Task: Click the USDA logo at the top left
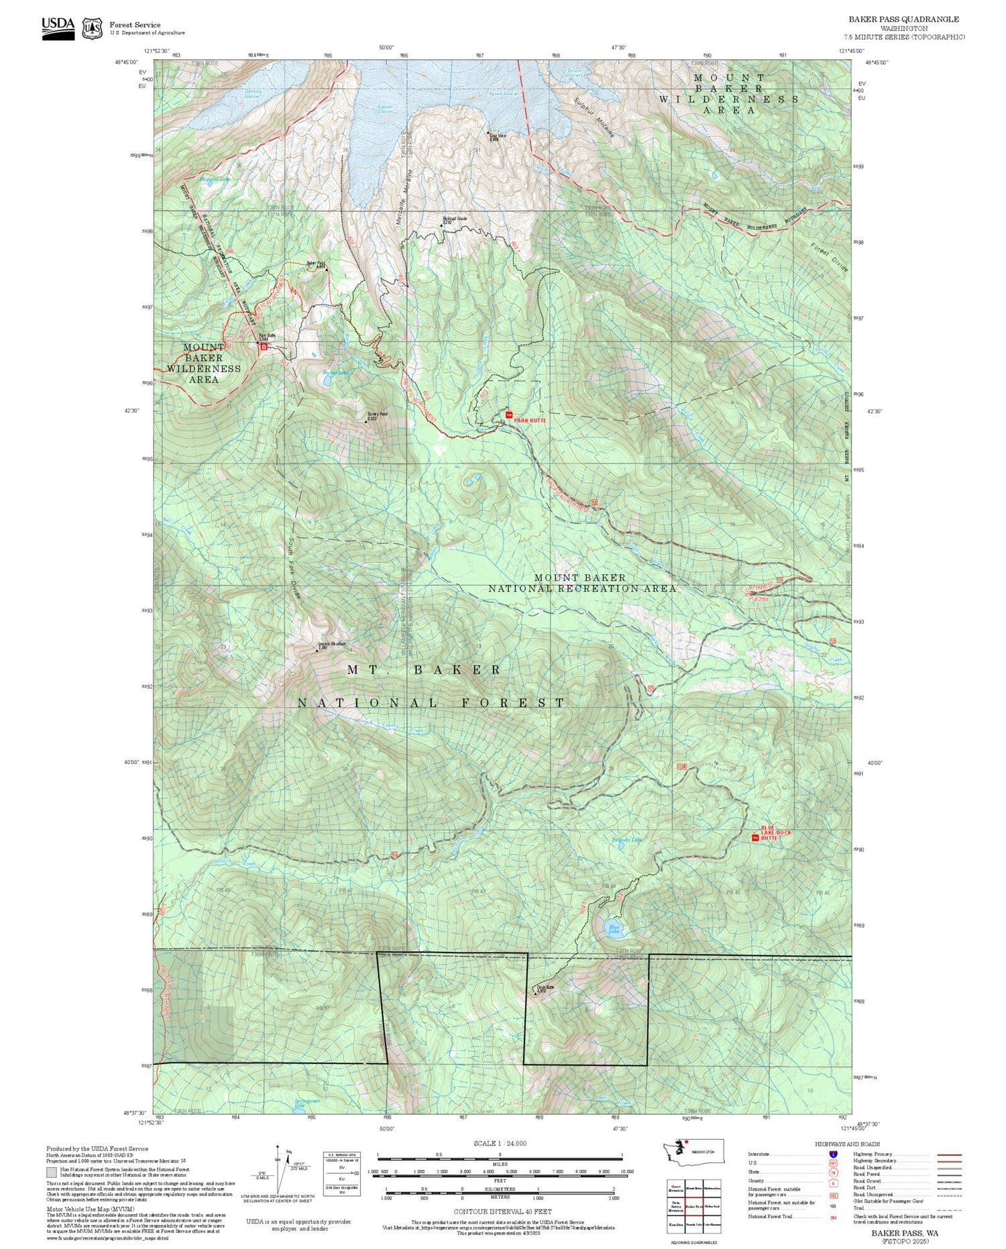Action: coord(58,27)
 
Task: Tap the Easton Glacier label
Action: coord(385,109)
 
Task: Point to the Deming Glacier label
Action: coord(252,94)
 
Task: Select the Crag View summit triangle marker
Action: coord(488,133)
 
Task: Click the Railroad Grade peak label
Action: coord(454,219)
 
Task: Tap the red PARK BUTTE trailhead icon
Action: coord(508,415)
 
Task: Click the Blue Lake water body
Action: coord(614,928)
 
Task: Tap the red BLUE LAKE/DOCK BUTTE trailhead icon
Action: coord(755,838)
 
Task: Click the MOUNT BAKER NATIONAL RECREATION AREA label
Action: coord(581,583)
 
